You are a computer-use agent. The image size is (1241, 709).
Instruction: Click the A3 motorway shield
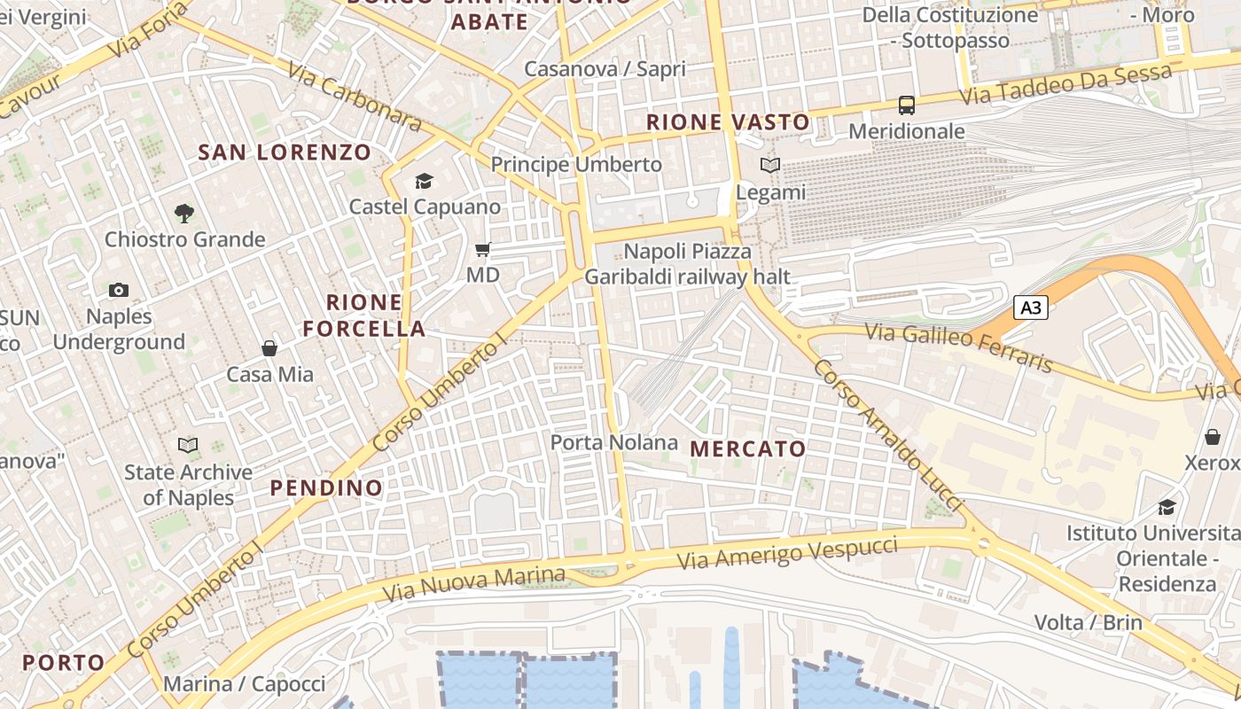pos(1031,308)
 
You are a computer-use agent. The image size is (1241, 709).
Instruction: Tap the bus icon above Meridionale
pos(907,105)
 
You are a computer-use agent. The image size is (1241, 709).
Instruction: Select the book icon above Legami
pos(770,166)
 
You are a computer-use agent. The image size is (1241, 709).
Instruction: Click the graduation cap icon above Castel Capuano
pos(424,182)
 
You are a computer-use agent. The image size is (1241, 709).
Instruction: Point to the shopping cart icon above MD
pos(483,250)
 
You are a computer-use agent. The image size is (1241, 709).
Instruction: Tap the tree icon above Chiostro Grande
pos(184,213)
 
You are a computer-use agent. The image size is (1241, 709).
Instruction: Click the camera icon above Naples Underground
pos(119,290)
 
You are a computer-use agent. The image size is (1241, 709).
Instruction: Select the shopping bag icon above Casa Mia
pos(269,348)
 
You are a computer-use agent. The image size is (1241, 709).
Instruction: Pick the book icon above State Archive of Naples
pos(188,445)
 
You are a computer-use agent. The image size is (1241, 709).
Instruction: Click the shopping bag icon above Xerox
pos(1212,437)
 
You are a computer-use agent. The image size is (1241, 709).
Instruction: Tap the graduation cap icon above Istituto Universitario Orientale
pos(1167,507)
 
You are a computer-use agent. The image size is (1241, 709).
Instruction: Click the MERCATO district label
pos(748,449)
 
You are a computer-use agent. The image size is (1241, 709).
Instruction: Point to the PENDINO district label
pos(326,487)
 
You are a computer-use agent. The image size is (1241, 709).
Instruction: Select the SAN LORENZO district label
pos(285,152)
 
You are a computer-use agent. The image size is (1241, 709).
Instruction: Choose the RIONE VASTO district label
pos(728,122)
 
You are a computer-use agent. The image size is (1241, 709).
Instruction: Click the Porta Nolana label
pos(613,442)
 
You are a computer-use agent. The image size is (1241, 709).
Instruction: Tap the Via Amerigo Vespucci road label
pos(787,553)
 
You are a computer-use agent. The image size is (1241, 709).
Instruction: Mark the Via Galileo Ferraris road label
pos(959,347)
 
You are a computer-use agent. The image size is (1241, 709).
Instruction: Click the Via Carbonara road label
pos(354,97)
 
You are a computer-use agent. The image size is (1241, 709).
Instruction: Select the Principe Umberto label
pos(576,165)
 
